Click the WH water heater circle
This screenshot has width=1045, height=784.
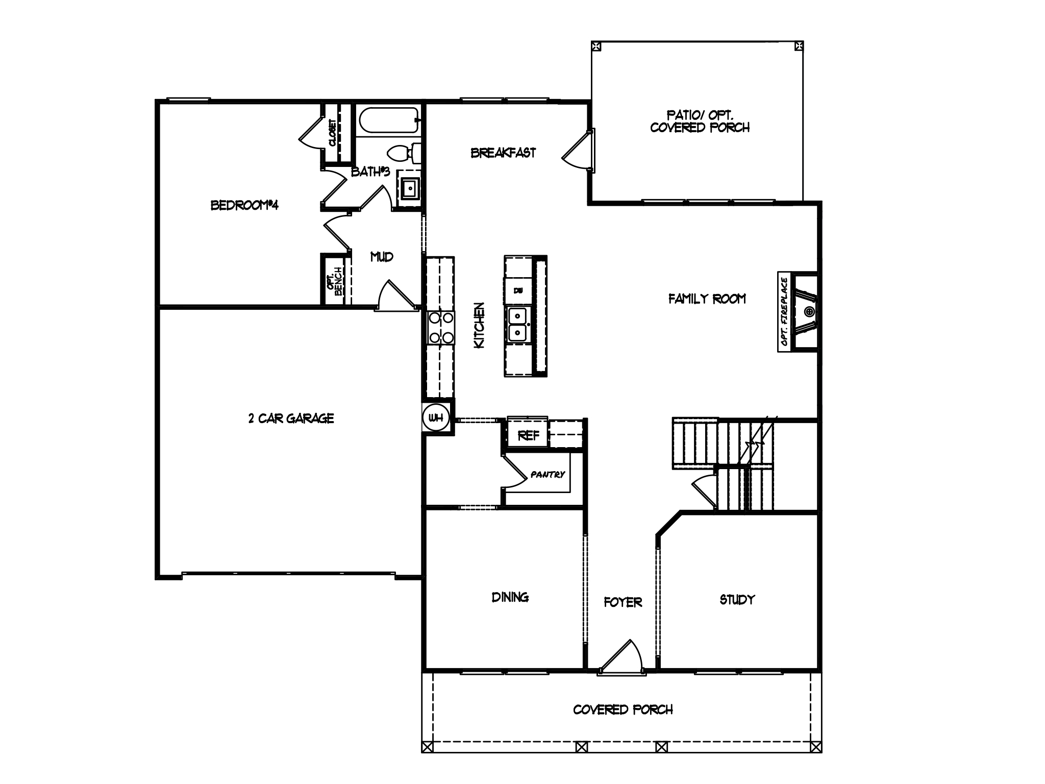coord(436,418)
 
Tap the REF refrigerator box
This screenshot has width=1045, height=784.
coord(528,435)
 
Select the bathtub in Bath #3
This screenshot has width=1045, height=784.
coord(388,120)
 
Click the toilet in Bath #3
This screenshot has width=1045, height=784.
coord(403,152)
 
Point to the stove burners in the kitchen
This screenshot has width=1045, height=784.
coord(441,327)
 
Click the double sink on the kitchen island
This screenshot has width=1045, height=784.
coord(518,324)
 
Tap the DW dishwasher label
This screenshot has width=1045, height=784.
coord(518,290)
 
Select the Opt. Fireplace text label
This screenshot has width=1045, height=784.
coord(785,311)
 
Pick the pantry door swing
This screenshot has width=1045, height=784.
coord(514,472)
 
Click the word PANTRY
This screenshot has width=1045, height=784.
coord(548,475)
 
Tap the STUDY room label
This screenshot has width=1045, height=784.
coord(737,600)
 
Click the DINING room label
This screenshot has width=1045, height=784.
coord(510,597)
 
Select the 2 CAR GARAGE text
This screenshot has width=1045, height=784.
coord(291,419)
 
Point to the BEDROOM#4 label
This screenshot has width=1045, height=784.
coord(244,205)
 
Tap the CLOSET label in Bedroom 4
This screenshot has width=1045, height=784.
coord(333,133)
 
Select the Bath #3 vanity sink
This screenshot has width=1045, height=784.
coord(409,188)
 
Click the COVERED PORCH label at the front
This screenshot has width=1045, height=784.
coord(623,709)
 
